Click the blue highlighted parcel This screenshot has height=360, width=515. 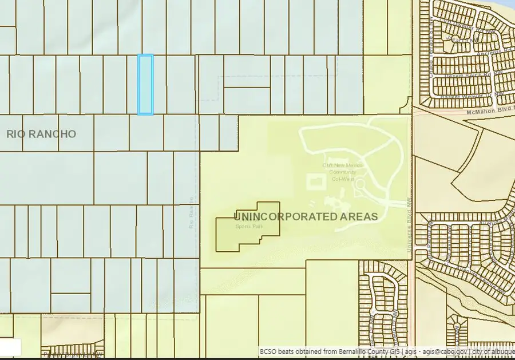point(145,85)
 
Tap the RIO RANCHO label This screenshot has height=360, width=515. point(41,134)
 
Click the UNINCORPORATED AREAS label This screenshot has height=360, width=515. point(306,216)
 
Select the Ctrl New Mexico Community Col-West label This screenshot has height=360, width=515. point(339,172)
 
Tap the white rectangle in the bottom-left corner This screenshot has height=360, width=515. point(10,347)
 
